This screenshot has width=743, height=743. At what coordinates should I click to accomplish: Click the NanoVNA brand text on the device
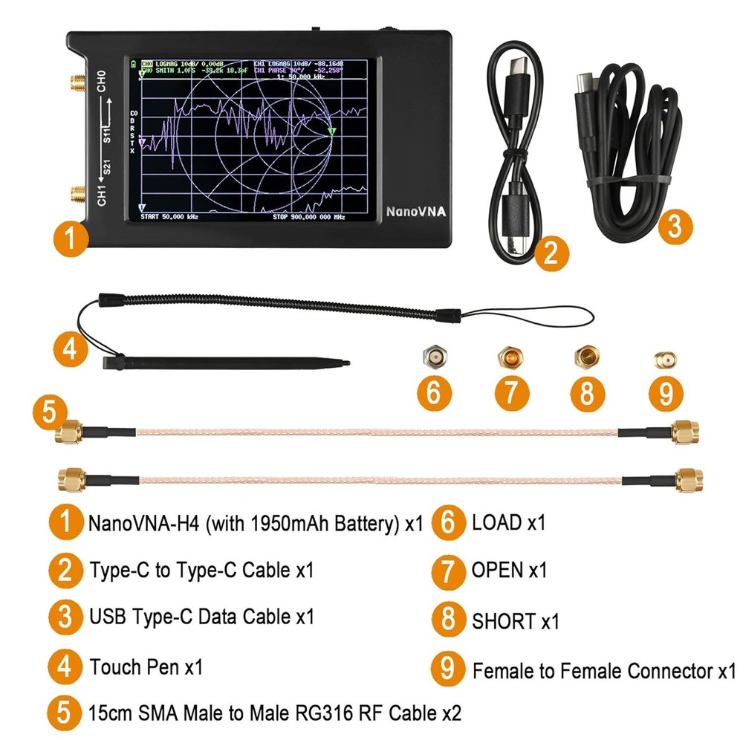click(x=415, y=212)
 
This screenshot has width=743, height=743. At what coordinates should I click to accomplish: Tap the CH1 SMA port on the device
click(x=77, y=196)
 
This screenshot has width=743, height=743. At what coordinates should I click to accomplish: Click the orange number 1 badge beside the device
click(x=70, y=239)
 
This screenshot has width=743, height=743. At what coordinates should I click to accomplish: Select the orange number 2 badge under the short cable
click(x=551, y=253)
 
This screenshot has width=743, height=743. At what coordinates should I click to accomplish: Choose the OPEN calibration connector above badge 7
click(x=510, y=357)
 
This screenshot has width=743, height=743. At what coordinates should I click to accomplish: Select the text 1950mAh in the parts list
click(x=273, y=524)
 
